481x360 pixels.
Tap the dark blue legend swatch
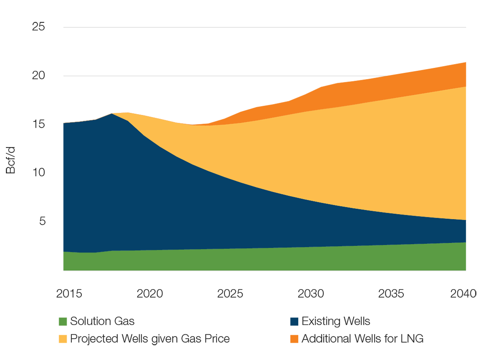click(278, 319)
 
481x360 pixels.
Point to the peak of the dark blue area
click(112, 115)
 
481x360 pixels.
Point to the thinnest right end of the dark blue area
click(468, 231)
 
